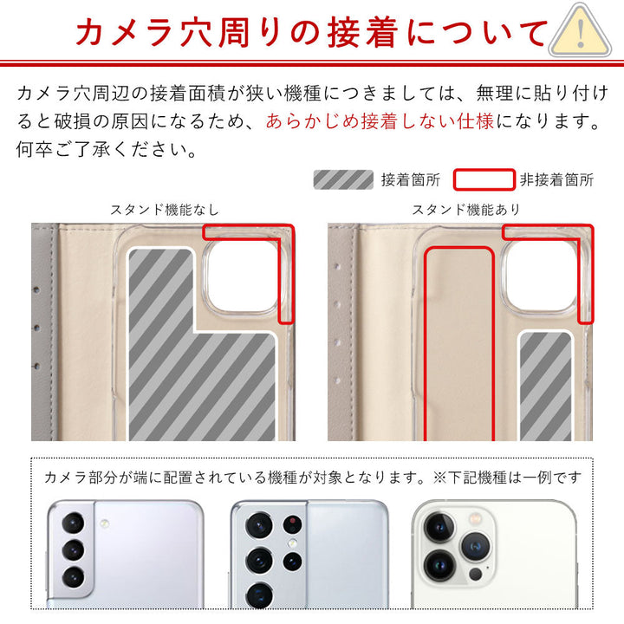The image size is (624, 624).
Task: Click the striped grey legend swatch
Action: [x=343, y=179]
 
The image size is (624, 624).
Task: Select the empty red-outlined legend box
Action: [x=484, y=179]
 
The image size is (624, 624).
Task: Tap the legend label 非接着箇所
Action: [x=556, y=180]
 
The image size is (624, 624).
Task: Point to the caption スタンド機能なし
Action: [x=165, y=210]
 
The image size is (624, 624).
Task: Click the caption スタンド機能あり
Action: [x=466, y=210]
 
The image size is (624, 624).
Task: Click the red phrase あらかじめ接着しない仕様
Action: [x=380, y=121]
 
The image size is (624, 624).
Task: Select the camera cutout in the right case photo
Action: [x=540, y=276]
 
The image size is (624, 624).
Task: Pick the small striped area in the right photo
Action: [x=545, y=387]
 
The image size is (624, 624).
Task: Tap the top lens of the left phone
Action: [x=73, y=523]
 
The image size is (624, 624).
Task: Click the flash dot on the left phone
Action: [x=105, y=523]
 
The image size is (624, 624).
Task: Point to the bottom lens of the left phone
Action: [x=73, y=577]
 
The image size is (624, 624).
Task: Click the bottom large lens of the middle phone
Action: [x=259, y=595]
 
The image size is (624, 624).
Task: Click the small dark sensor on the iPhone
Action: [x=475, y=574]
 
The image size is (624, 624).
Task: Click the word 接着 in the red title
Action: [x=363, y=33]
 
